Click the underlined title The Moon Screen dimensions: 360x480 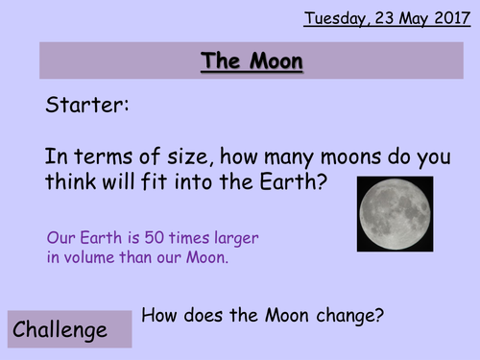point(252,62)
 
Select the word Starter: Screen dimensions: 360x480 point(86,107)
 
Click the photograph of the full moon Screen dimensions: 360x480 point(395,213)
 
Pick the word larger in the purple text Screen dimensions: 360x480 point(234,238)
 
